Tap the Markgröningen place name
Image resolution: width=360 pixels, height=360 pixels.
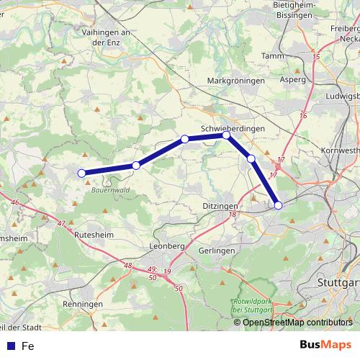pos(235,81)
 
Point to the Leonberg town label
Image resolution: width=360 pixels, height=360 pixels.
pos(167,246)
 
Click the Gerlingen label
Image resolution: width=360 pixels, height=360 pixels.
pos(215,250)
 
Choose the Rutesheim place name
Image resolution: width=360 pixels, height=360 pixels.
pos(94,234)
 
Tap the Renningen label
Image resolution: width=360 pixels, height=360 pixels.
pos(83,305)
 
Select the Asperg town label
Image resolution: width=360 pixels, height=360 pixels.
pos(292,80)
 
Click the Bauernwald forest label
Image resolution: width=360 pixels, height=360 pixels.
pos(109,192)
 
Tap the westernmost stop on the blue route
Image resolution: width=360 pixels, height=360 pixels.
pos(82,173)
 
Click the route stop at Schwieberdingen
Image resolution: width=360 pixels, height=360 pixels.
pos(226,135)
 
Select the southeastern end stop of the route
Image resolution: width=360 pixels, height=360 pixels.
pos(279,205)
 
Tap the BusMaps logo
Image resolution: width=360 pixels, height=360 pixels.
pos(326,345)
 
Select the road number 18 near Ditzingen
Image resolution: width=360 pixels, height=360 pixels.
pos(232,215)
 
